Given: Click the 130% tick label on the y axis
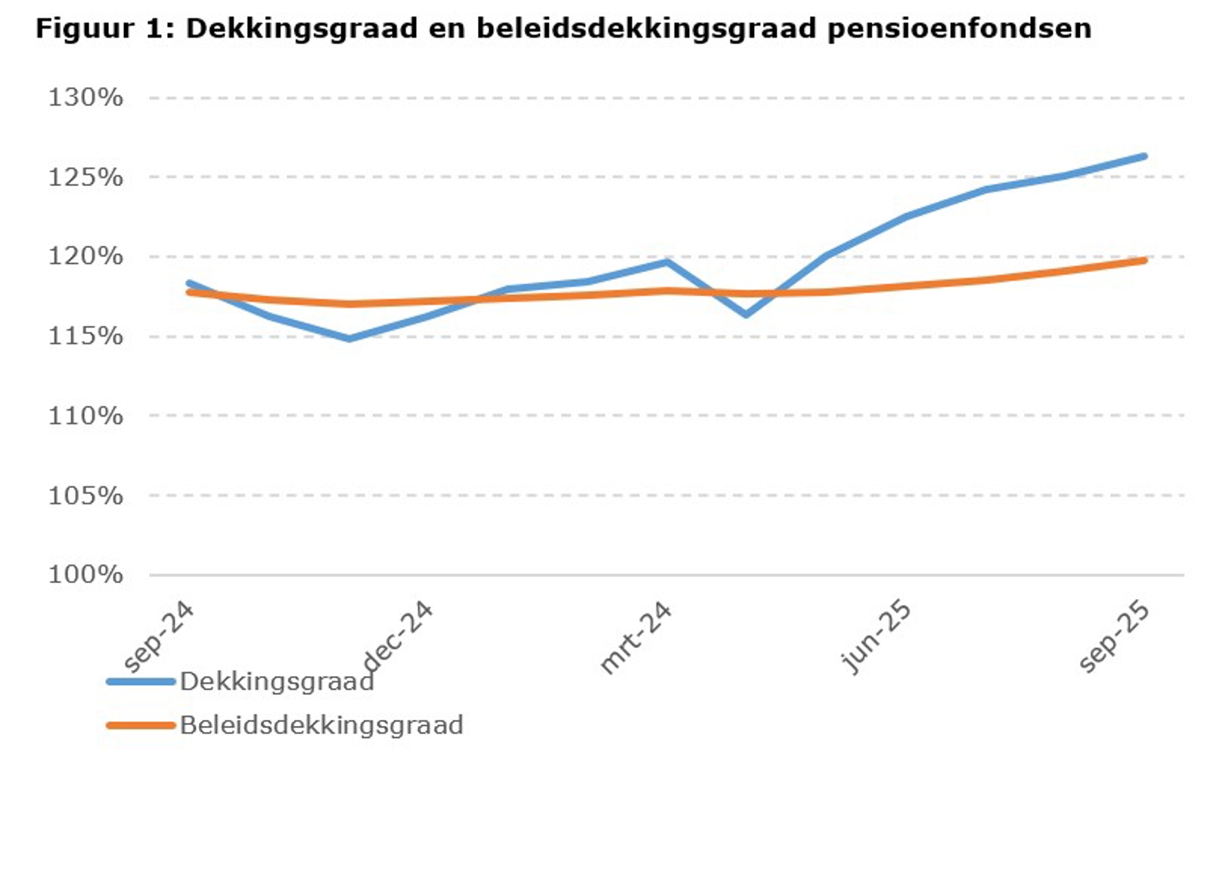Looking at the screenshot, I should point(85,98).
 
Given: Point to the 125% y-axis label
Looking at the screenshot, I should point(85,177).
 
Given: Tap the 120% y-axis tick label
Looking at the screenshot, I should point(85,256).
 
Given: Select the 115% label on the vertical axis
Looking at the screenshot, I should point(85,336).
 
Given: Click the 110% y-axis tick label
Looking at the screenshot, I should point(85,415).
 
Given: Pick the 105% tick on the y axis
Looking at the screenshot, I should point(85,495).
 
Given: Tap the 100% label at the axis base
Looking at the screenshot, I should point(85,575).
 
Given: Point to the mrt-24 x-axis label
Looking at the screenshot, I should point(636,637).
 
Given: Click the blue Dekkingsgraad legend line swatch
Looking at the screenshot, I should point(141,681).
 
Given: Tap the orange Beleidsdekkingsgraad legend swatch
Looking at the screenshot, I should point(141,725).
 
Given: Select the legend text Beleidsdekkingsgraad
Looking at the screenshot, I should point(321,725).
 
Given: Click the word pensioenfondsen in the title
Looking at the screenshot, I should point(959,29).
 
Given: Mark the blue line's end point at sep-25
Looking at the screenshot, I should point(1144,157).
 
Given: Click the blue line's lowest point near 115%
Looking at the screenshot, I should point(349,339).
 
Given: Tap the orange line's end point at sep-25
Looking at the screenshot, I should point(1144,261).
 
